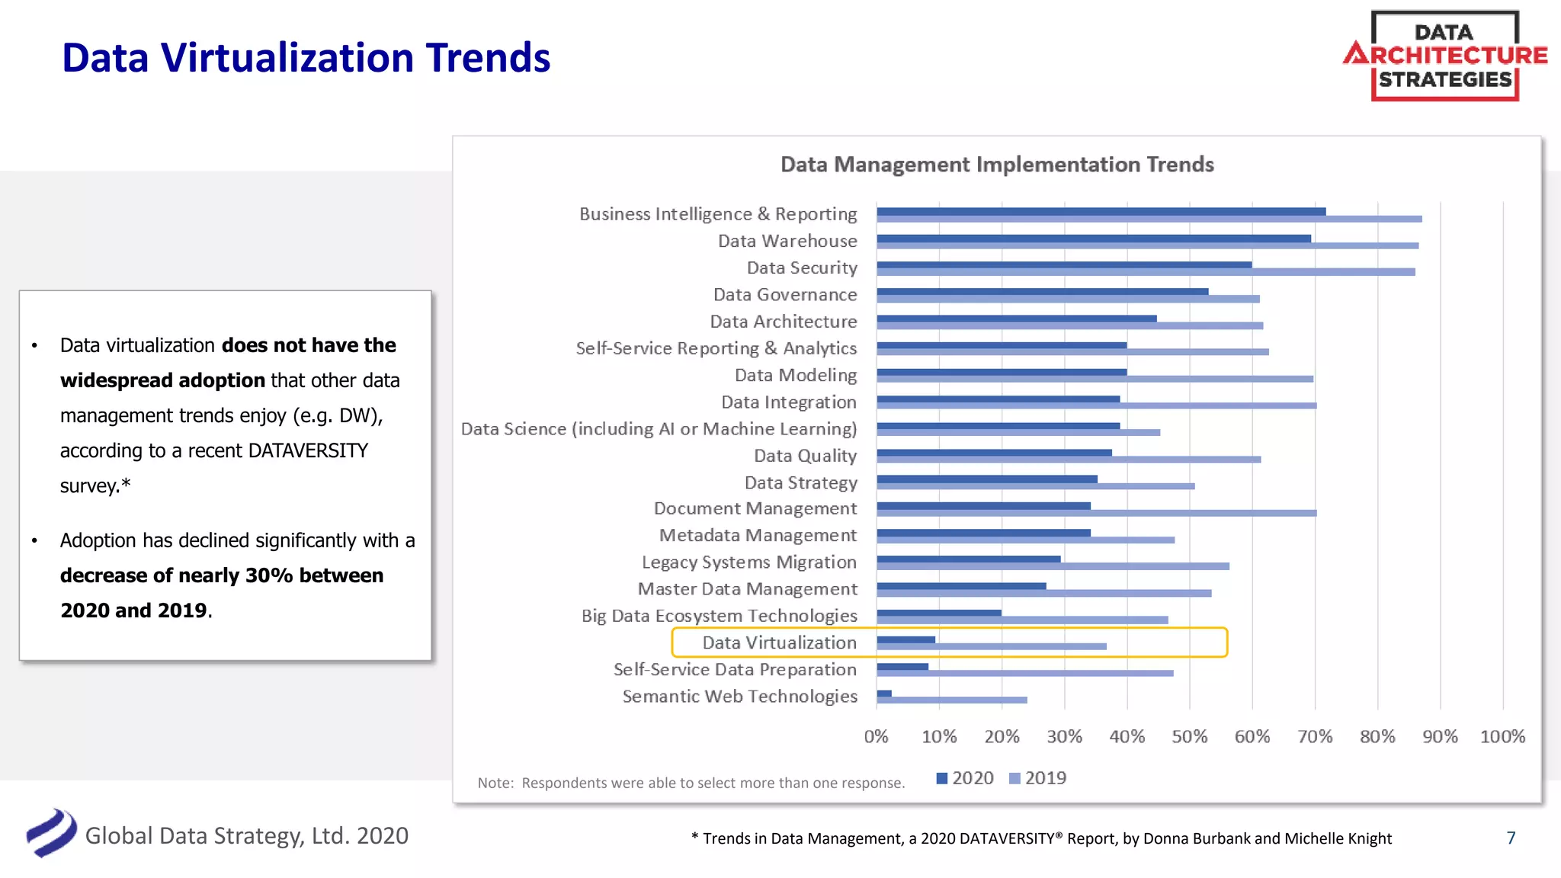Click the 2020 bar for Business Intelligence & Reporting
tap(1101, 211)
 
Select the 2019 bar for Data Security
tap(1146, 272)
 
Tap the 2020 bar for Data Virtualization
tap(906, 639)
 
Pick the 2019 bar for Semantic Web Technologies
tap(951, 700)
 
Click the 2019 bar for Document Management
tap(1096, 513)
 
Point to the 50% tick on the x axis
tap(1189, 736)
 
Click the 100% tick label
tap(1502, 736)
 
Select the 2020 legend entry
tap(965, 778)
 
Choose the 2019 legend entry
tap(1037, 778)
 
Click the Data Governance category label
tap(785, 295)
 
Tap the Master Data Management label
tap(747, 589)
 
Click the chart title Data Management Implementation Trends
tap(997, 165)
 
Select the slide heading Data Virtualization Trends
tap(306, 58)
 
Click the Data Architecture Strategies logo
tap(1444, 56)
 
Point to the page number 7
tap(1511, 838)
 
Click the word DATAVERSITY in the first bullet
tap(308, 450)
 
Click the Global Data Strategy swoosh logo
tap(51, 833)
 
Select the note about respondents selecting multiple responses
tap(691, 783)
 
